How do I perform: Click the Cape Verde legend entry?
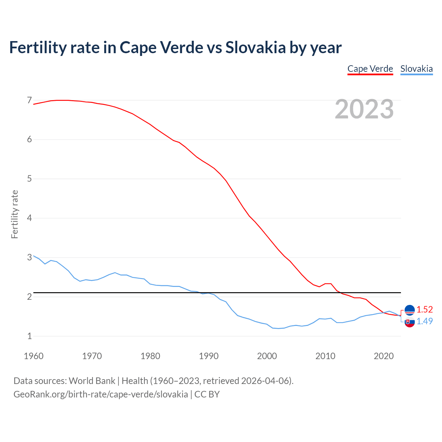click(370, 69)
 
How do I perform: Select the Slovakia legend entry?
click(416, 69)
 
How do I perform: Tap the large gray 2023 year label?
click(364, 109)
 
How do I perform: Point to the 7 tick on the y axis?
click(29, 100)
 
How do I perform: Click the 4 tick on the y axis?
click(29, 218)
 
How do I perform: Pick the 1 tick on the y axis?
click(29, 336)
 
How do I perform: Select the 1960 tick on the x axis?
click(33, 356)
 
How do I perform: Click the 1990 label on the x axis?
click(209, 356)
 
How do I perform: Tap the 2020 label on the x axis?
click(384, 356)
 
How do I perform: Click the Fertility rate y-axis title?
click(15, 214)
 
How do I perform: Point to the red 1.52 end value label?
click(424, 309)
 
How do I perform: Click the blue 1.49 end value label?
click(424, 321)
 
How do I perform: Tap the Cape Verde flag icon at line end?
click(410, 310)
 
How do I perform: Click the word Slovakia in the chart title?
click(256, 47)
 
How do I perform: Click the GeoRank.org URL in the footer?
click(100, 394)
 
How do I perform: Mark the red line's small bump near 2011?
click(328, 284)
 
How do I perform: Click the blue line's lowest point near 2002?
click(279, 328)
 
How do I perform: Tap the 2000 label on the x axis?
click(267, 356)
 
